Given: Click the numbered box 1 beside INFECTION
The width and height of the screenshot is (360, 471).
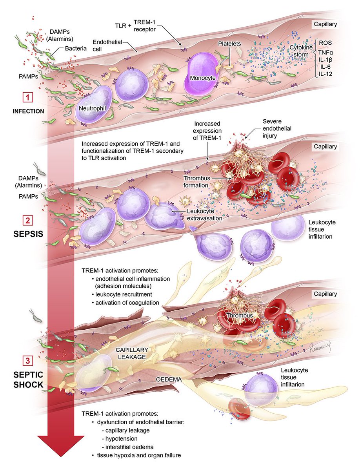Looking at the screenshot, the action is click(28, 98).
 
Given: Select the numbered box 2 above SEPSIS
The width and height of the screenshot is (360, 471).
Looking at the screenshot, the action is click(28, 220).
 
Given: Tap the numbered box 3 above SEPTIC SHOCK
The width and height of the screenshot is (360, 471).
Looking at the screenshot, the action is click(28, 361).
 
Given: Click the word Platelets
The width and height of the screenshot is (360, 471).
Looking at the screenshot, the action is click(229, 44).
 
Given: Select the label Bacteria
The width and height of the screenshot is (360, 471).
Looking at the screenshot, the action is click(76, 48).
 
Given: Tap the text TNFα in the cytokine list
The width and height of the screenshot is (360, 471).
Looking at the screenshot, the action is click(325, 52).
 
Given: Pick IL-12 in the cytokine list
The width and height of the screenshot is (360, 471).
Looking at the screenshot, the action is click(325, 74).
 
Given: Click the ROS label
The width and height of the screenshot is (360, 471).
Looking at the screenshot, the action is click(325, 43).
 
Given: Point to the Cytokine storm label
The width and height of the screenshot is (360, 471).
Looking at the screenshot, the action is click(301, 51).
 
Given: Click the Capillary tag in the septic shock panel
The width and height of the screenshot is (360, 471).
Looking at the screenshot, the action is click(325, 294).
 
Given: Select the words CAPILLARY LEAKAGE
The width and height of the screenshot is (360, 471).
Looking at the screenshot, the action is click(132, 353).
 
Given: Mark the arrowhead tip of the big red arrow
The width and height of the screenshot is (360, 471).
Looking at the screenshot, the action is click(61, 457).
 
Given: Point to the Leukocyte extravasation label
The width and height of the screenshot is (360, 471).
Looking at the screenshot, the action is click(205, 215).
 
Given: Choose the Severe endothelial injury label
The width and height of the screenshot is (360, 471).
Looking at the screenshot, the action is click(277, 128).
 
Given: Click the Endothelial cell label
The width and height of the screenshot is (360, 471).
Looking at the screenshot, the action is click(107, 45).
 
